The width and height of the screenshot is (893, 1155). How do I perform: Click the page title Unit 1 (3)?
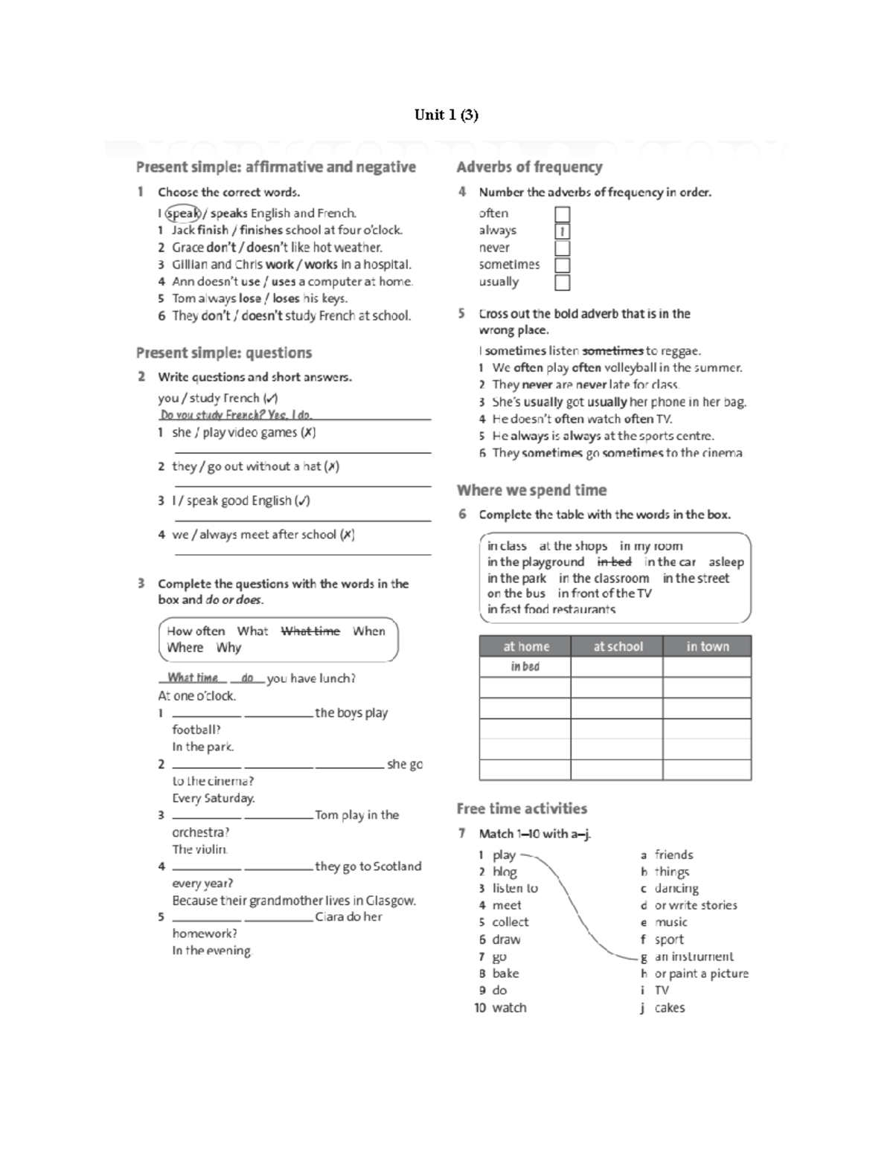pyautogui.click(x=446, y=115)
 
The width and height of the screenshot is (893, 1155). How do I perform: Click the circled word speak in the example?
pyautogui.click(x=182, y=213)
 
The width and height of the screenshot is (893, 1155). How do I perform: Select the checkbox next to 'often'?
pyautogui.click(x=563, y=214)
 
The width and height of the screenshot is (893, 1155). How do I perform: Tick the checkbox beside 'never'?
pyautogui.click(x=563, y=248)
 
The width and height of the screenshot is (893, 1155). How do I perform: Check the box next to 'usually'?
pyautogui.click(x=563, y=283)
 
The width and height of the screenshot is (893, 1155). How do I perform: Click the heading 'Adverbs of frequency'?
pyautogui.click(x=529, y=167)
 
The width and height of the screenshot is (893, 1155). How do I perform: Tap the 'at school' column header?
pyautogui.click(x=617, y=646)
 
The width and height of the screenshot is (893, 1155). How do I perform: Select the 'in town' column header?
pyautogui.click(x=707, y=646)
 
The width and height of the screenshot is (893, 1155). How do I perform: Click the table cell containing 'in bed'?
pyautogui.click(x=525, y=666)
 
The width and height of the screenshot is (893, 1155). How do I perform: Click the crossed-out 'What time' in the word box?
pyautogui.click(x=310, y=631)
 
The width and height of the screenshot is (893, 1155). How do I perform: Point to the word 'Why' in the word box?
pyautogui.click(x=228, y=648)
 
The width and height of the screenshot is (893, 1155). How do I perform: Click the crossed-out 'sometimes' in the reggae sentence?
pyautogui.click(x=612, y=351)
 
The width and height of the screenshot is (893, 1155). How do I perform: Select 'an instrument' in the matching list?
pyautogui.click(x=694, y=957)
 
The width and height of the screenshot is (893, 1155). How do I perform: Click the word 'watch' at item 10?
pyautogui.click(x=509, y=1008)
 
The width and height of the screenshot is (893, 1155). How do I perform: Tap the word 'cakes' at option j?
pyautogui.click(x=670, y=1008)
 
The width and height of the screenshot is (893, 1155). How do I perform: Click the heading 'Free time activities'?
pyautogui.click(x=522, y=808)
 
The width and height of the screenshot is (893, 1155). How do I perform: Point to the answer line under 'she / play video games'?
pyautogui.click(x=302, y=451)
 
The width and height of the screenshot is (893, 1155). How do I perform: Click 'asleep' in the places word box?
pyautogui.click(x=726, y=562)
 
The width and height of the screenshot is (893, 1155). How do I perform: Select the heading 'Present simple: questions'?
pyautogui.click(x=223, y=353)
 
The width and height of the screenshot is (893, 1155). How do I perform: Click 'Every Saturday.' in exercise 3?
pyautogui.click(x=214, y=798)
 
